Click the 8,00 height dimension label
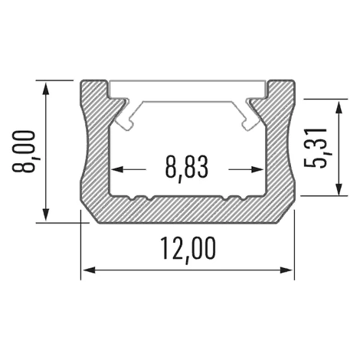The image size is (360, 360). [24, 152]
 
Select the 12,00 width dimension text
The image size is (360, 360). [188, 248]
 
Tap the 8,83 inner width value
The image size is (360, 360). [187, 168]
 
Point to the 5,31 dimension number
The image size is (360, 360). [316, 148]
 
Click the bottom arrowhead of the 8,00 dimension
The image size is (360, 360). [46, 214]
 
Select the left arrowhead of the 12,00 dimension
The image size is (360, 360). [89, 270]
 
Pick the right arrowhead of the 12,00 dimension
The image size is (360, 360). [286, 270]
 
